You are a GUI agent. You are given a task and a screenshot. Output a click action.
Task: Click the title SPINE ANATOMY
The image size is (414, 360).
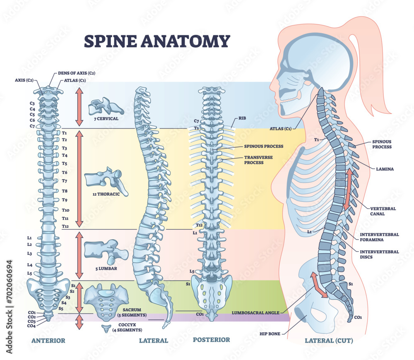[x=157, y=41]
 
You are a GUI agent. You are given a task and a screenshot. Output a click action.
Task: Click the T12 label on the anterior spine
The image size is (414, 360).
[x=65, y=226]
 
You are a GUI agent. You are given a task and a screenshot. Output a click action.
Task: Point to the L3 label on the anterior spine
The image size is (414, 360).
[x=30, y=253]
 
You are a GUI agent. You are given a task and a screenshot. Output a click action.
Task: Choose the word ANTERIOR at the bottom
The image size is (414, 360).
[x=48, y=341]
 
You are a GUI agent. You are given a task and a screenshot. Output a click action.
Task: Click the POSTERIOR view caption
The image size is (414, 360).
[x=211, y=340]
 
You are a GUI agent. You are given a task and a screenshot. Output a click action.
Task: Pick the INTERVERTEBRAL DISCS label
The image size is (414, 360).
[x=379, y=254]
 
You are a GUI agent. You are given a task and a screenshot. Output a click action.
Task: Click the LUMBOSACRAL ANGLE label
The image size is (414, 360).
[x=255, y=313]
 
